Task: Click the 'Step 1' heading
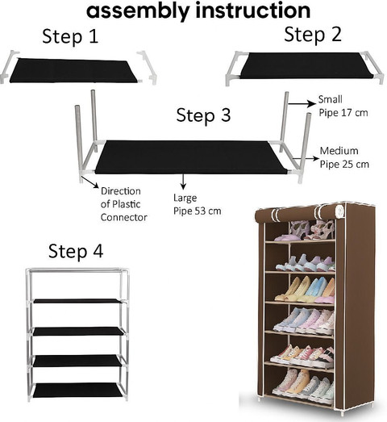point(70,36)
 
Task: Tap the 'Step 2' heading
point(313,35)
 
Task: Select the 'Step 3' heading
point(204,115)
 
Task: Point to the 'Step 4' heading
point(76,251)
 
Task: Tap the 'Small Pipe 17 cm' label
point(343,106)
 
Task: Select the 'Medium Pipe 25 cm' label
point(344,157)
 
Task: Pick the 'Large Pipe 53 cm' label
point(198,204)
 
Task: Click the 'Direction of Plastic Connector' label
point(123,204)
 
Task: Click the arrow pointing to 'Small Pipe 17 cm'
point(302,103)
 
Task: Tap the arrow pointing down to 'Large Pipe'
point(183,182)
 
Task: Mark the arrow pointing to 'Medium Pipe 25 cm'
point(306,158)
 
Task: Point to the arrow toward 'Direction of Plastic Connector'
point(89,182)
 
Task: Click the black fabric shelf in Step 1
point(73,71)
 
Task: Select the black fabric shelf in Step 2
point(306,65)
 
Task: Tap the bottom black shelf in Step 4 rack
point(77,391)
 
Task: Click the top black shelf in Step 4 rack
point(77,301)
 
